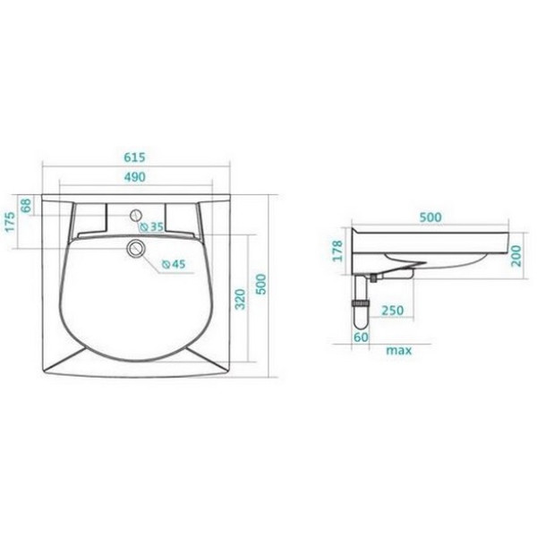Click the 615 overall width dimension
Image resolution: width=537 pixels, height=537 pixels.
click(x=136, y=157)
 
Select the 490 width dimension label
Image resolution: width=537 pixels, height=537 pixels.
click(x=136, y=179)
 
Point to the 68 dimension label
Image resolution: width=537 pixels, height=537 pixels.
click(x=26, y=206)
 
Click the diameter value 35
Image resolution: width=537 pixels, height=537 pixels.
click(x=156, y=228)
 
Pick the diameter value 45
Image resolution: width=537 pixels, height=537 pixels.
click(x=177, y=264)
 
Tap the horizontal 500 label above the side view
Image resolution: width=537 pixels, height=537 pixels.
click(x=431, y=217)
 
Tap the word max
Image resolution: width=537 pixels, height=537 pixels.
click(x=399, y=350)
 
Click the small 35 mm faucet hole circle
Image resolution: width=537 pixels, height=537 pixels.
click(x=136, y=216)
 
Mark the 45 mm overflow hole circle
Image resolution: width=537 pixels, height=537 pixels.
click(x=136, y=248)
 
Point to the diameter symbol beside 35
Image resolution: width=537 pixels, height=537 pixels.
click(x=145, y=228)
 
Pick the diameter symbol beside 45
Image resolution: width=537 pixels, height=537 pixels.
click(x=166, y=264)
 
